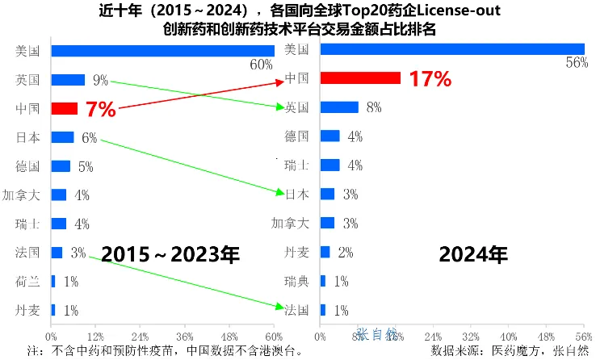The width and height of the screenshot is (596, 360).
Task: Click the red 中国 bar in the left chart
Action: pyautogui.click(x=65, y=108)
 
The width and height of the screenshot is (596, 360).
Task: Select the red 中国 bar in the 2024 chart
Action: pyautogui.click(x=360, y=78)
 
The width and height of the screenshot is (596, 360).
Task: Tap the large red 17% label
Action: pyautogui.click(x=429, y=79)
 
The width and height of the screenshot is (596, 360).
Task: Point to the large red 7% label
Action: pyautogui.click(x=100, y=110)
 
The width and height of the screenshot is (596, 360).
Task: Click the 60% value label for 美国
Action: pyautogui.click(x=261, y=65)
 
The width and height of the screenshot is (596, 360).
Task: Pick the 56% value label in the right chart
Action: pyautogui.click(x=576, y=65)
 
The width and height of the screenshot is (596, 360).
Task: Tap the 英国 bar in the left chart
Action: pyautogui.click(x=68, y=80)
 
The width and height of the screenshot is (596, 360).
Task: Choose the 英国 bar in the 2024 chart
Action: pyautogui.click(x=339, y=107)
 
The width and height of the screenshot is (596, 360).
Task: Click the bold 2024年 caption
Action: pyautogui.click(x=473, y=255)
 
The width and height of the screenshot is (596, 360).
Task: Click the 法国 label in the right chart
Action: pyautogui.click(x=296, y=310)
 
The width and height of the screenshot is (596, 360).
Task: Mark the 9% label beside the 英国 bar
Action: pyautogui.click(x=100, y=80)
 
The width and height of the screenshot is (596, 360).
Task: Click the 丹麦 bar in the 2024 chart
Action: pyautogui.click(x=325, y=253)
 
